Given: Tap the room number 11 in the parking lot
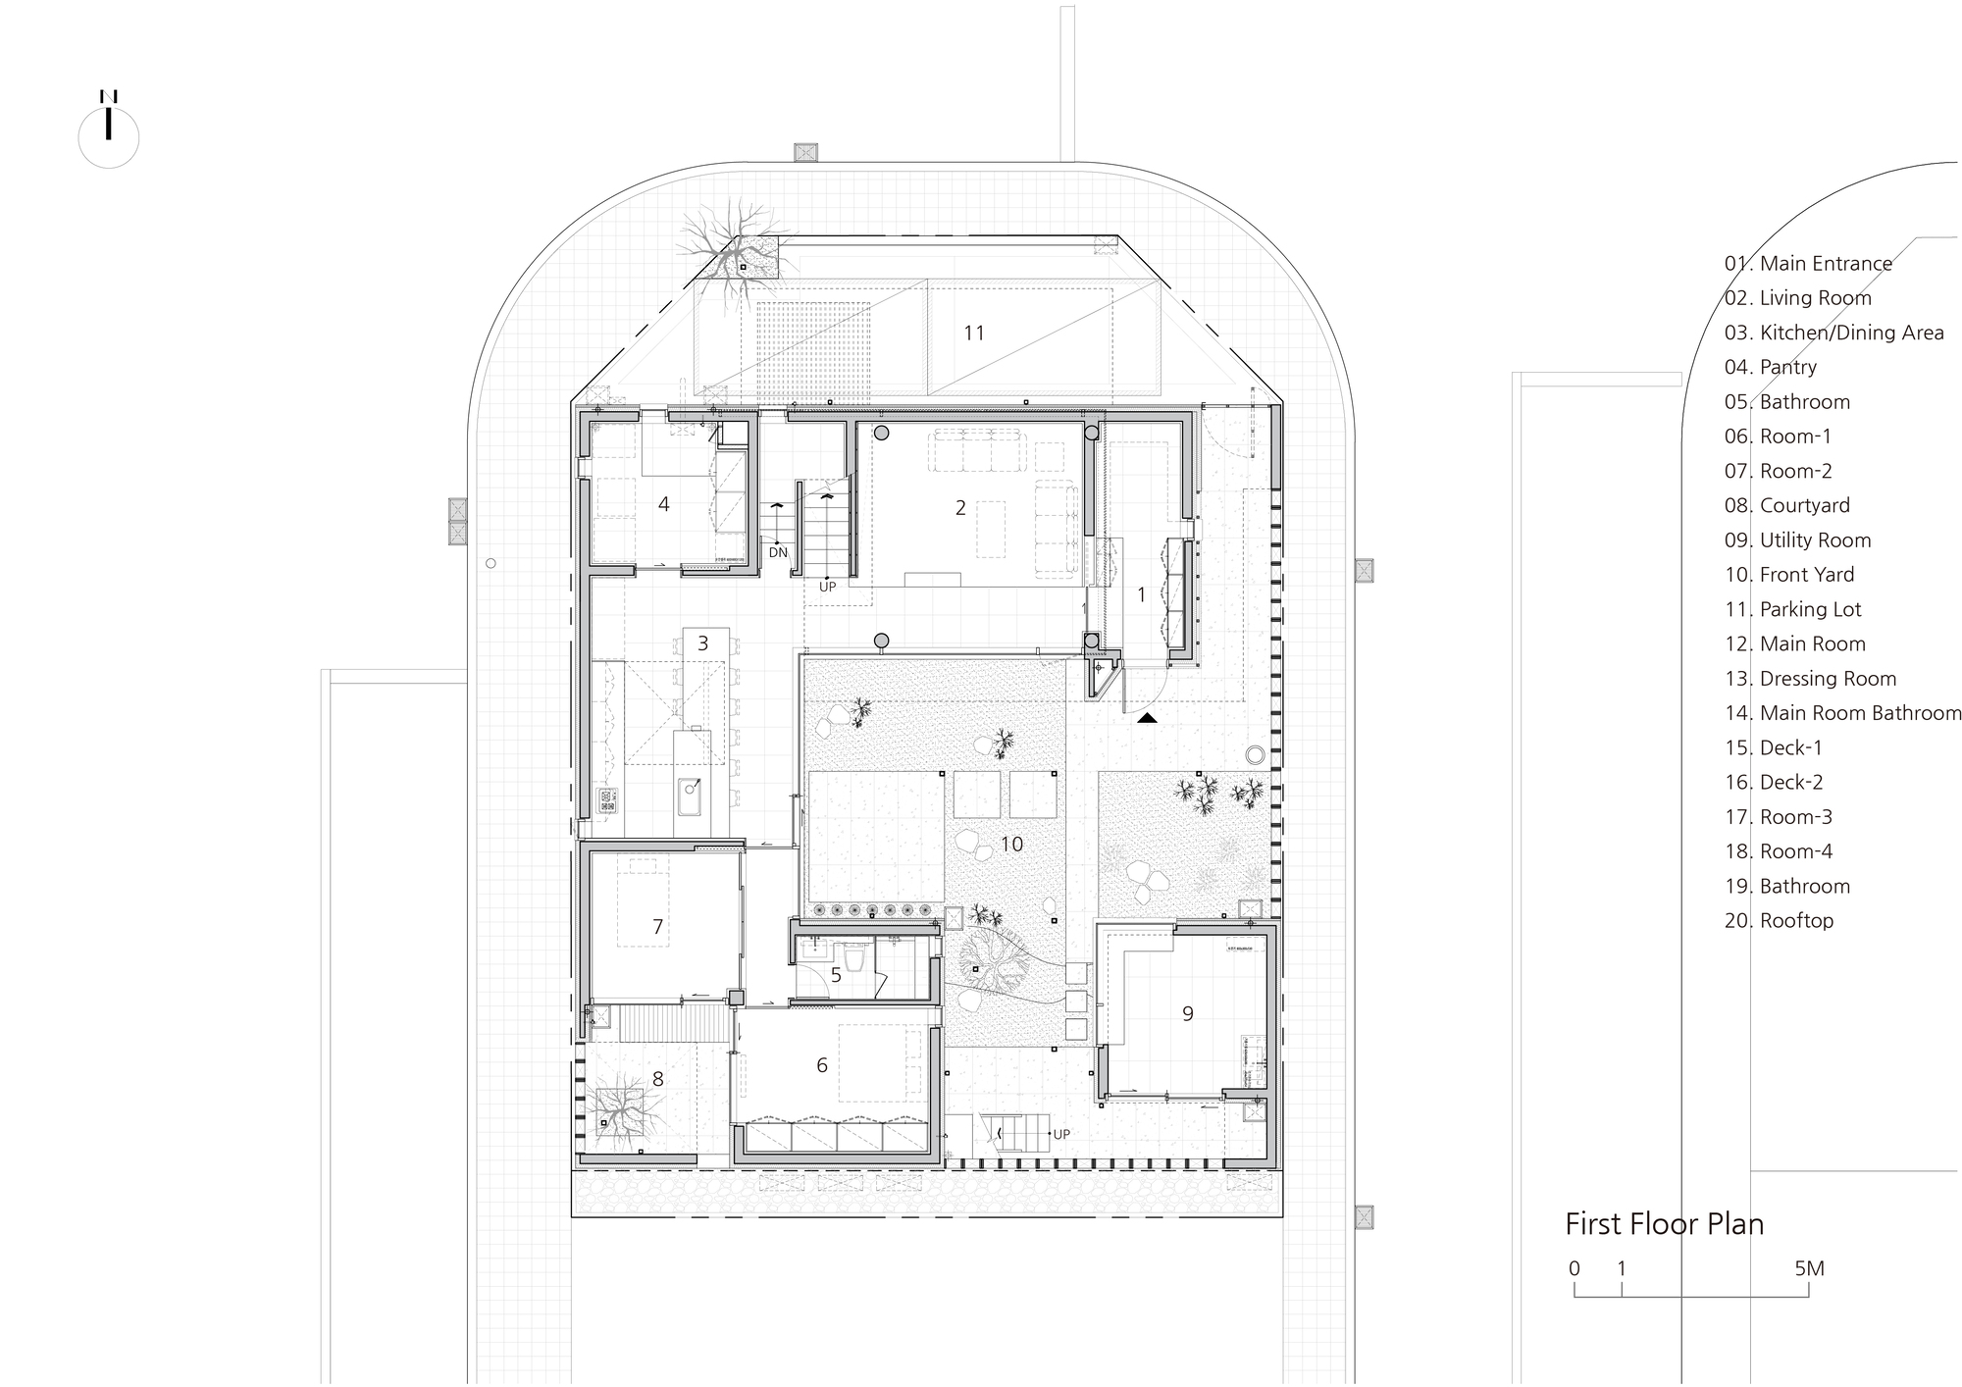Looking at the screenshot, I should click(973, 334).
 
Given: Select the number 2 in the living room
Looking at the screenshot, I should click(960, 508).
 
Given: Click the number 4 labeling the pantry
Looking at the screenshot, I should click(664, 504).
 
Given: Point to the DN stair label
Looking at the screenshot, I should click(778, 552).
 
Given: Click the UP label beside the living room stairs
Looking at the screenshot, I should click(828, 587).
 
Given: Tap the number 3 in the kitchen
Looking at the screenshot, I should click(702, 643).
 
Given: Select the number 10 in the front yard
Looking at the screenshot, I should click(1011, 844).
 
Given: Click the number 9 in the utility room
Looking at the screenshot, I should click(1187, 1014).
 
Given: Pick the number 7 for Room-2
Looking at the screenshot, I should click(657, 927).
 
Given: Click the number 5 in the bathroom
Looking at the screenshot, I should click(836, 976).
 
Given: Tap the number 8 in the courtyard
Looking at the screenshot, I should click(657, 1079).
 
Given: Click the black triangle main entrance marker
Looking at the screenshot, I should click(1147, 718).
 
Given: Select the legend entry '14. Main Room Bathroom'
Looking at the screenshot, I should click(1842, 713).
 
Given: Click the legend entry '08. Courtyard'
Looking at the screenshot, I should click(1786, 505).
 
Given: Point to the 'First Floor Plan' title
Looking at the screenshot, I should click(1664, 1224).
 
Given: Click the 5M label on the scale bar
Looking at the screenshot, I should click(1809, 1268).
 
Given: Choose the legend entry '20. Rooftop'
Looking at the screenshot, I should click(1779, 920).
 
